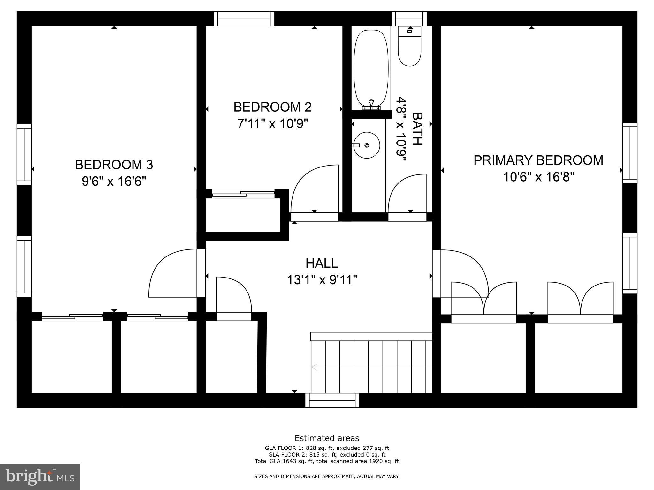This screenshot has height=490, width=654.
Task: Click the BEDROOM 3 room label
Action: (x=114, y=165)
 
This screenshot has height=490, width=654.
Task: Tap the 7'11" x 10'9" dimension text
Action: (x=272, y=123)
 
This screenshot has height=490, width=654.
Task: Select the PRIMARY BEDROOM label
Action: (x=538, y=160)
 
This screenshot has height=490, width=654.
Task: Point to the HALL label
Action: (x=322, y=263)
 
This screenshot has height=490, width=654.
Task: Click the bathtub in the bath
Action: (x=371, y=69)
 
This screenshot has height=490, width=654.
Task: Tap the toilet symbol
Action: (x=409, y=48)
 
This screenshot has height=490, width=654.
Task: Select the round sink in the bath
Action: (x=367, y=145)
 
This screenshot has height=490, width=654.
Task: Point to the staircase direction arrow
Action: (x=315, y=367)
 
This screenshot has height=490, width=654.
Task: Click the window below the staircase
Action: (x=332, y=400)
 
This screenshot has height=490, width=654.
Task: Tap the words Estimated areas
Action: (x=327, y=438)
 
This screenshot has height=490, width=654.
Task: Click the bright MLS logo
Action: (x=40, y=477)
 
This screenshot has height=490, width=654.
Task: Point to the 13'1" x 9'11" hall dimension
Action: (x=322, y=280)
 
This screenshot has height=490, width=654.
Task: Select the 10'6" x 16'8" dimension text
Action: (x=538, y=177)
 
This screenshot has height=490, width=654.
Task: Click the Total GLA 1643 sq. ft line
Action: (x=327, y=461)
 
